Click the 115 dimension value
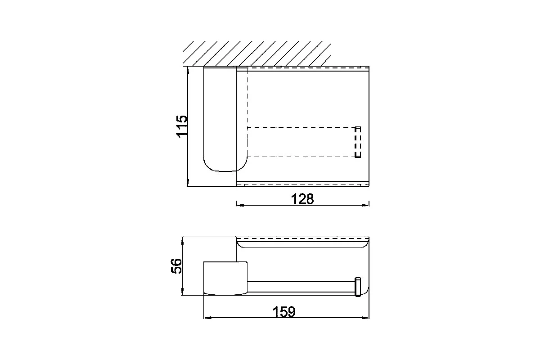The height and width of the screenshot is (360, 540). pyautogui.click(x=182, y=126)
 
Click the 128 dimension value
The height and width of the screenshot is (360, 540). pyautogui.click(x=302, y=199)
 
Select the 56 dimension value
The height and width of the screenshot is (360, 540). pyautogui.click(x=176, y=266)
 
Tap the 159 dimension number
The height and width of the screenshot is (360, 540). pyautogui.click(x=284, y=311)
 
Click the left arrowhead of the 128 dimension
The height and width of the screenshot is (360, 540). pyautogui.click(x=240, y=205)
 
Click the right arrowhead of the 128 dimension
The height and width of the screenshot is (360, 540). pyautogui.click(x=365, y=205)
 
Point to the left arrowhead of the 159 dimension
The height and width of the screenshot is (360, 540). pyautogui.click(x=208, y=318)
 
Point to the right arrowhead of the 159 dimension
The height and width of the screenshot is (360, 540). pyautogui.click(x=365, y=318)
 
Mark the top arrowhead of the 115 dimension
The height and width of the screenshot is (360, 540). pyautogui.click(x=188, y=71)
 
